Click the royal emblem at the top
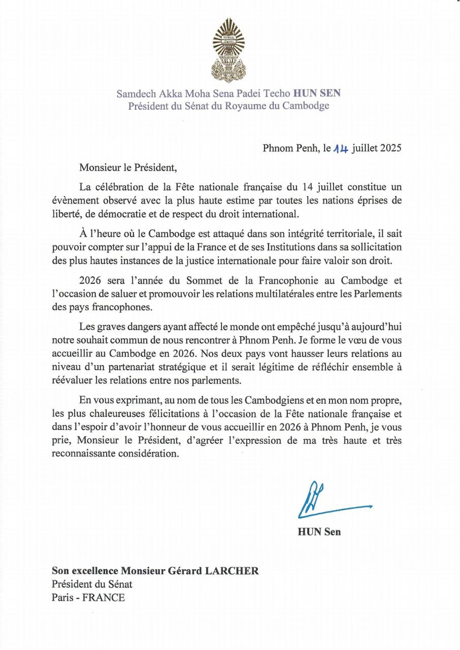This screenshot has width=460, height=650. (x=228, y=50)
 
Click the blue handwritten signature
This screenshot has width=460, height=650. (x=330, y=501)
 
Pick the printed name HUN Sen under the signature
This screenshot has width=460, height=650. (x=319, y=532)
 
